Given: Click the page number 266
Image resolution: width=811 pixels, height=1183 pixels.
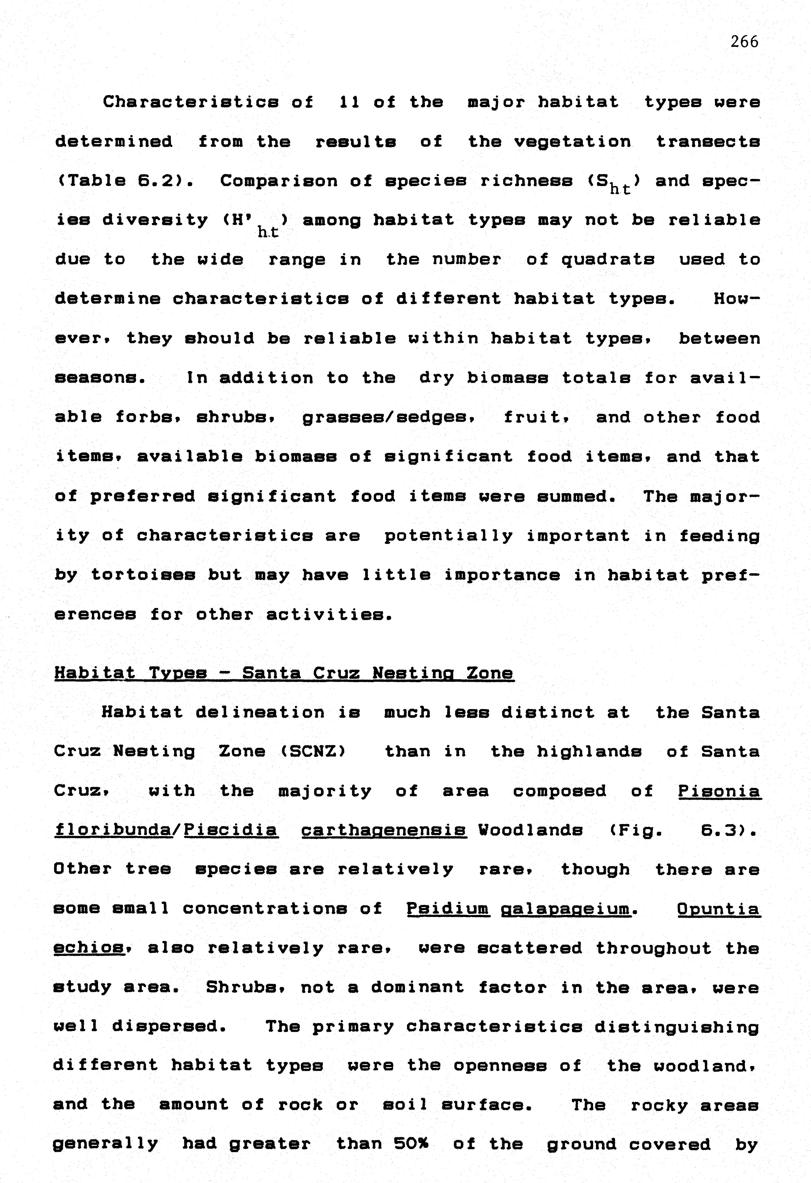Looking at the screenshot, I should click(744, 42).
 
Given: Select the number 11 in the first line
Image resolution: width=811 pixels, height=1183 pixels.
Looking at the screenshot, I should click(349, 102).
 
